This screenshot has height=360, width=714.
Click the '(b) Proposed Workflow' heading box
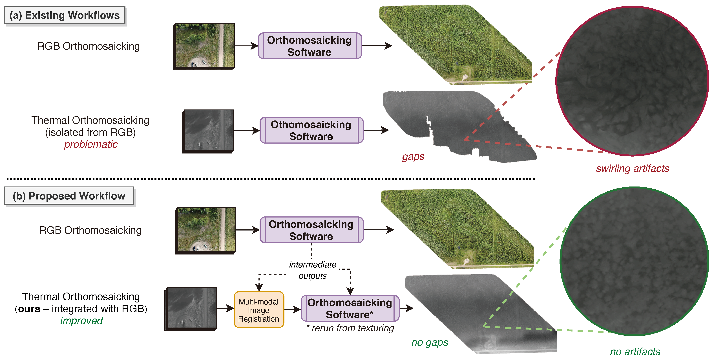pyautogui.click(x=69, y=196)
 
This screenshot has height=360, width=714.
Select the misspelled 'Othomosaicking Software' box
pyautogui.click(x=311, y=130)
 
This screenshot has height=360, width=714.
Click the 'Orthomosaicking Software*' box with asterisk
pyautogui.click(x=350, y=308)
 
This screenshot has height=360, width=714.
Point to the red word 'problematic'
pyautogui.click(x=91, y=144)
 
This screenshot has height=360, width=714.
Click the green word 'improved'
pyautogui.click(x=81, y=321)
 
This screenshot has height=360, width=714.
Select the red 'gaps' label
pyautogui.click(x=413, y=157)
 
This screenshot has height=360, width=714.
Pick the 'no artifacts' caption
pyautogui.click(x=635, y=352)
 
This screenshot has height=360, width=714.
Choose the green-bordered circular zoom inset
pyautogui.click(x=634, y=261)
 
